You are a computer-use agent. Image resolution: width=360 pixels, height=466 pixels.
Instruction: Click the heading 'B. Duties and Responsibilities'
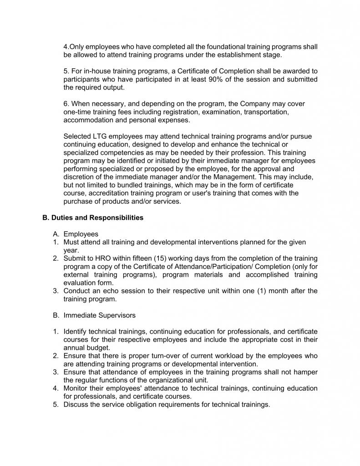93,218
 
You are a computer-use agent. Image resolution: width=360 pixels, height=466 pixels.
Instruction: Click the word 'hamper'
305,372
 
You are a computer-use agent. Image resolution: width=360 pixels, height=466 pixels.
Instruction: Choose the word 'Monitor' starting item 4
76,388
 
